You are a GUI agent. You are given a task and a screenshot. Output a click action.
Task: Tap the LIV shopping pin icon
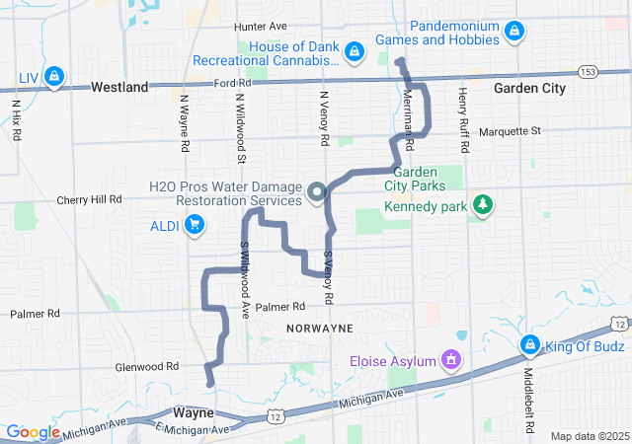click(x=54, y=75)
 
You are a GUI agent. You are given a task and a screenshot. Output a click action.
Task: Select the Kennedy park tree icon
click(x=483, y=205)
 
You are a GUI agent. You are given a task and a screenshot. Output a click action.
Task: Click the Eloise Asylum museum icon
click(x=451, y=361)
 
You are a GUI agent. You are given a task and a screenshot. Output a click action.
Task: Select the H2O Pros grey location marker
click(x=317, y=192)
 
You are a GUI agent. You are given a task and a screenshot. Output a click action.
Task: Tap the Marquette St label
click(x=510, y=130)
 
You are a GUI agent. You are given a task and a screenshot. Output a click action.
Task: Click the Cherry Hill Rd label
click(x=88, y=198)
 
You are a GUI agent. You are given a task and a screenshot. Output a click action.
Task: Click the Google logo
click(x=34, y=432)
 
